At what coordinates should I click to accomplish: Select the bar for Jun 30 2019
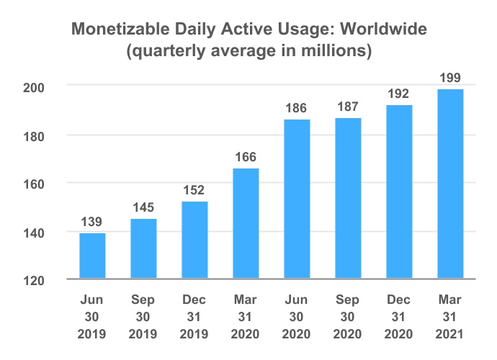click(92, 256)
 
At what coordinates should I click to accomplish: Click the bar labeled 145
click(143, 249)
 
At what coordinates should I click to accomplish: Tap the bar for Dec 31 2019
click(194, 240)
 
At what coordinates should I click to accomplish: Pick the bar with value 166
click(246, 224)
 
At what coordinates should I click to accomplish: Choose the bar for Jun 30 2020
click(297, 199)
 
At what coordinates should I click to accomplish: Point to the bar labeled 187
click(348, 199)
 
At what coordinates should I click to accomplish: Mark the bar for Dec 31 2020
click(399, 192)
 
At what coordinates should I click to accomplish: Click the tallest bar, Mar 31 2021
click(450, 184)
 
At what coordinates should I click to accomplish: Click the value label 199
click(450, 78)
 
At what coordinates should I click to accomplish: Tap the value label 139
click(91, 222)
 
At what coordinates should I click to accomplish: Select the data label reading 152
click(194, 190)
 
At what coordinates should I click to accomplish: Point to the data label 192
click(398, 94)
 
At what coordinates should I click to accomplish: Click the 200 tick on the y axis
click(34, 88)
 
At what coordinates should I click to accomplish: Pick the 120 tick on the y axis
click(34, 281)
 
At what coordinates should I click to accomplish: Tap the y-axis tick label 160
click(34, 184)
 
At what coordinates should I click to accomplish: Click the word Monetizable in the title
click(121, 29)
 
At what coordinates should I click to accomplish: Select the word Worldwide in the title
click(383, 29)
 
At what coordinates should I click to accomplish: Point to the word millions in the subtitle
click(336, 50)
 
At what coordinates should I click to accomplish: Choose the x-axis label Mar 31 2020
click(246, 317)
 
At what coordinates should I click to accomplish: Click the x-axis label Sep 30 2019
click(143, 317)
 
